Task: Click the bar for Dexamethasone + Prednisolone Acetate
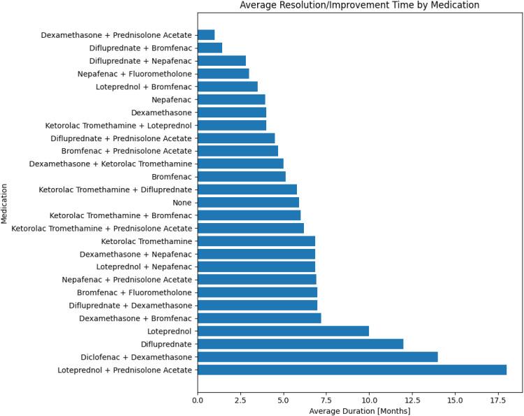[206, 35]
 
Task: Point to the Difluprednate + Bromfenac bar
[210, 48]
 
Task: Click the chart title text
[360, 6]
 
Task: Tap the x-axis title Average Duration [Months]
[360, 410]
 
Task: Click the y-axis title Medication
[6, 203]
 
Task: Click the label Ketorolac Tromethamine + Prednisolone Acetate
[102, 228]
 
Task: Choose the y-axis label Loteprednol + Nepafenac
[144, 266]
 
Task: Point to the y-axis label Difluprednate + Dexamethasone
[131, 306]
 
